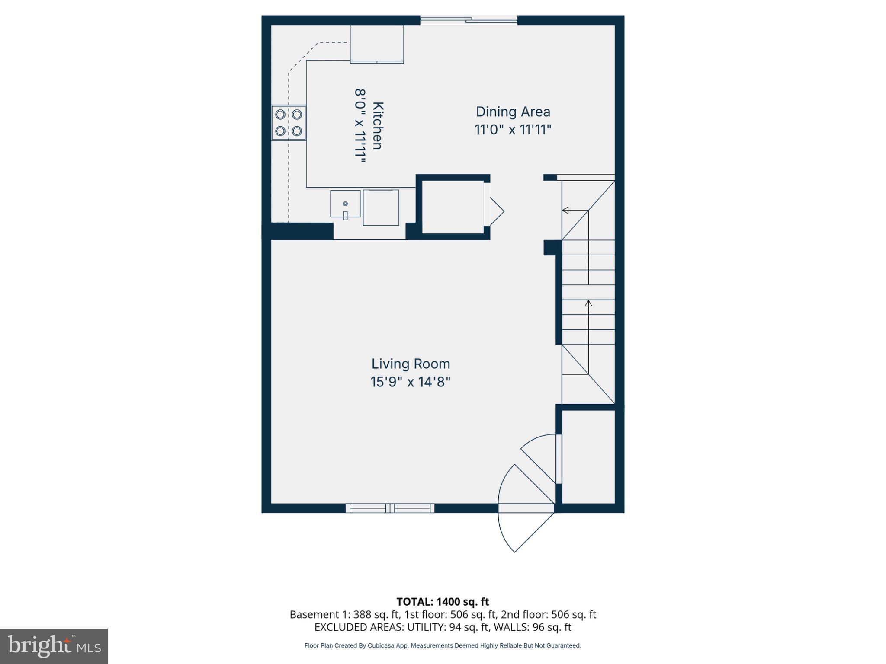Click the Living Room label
coord(411,364)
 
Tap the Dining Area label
coord(513,112)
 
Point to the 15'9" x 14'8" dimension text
coord(411,382)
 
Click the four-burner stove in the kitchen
coord(289,123)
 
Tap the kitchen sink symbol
coord(345,204)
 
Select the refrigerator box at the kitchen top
coord(377,44)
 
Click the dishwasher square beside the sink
coord(381,207)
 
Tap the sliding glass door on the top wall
coord(469,20)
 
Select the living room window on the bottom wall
coord(390,508)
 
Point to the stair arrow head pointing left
coord(565,211)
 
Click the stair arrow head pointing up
coord(588,303)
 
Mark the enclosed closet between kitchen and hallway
coord(453,207)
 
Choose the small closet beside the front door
coord(588,457)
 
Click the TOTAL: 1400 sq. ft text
coord(443,602)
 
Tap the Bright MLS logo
coord(54,646)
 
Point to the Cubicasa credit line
coord(443,646)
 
